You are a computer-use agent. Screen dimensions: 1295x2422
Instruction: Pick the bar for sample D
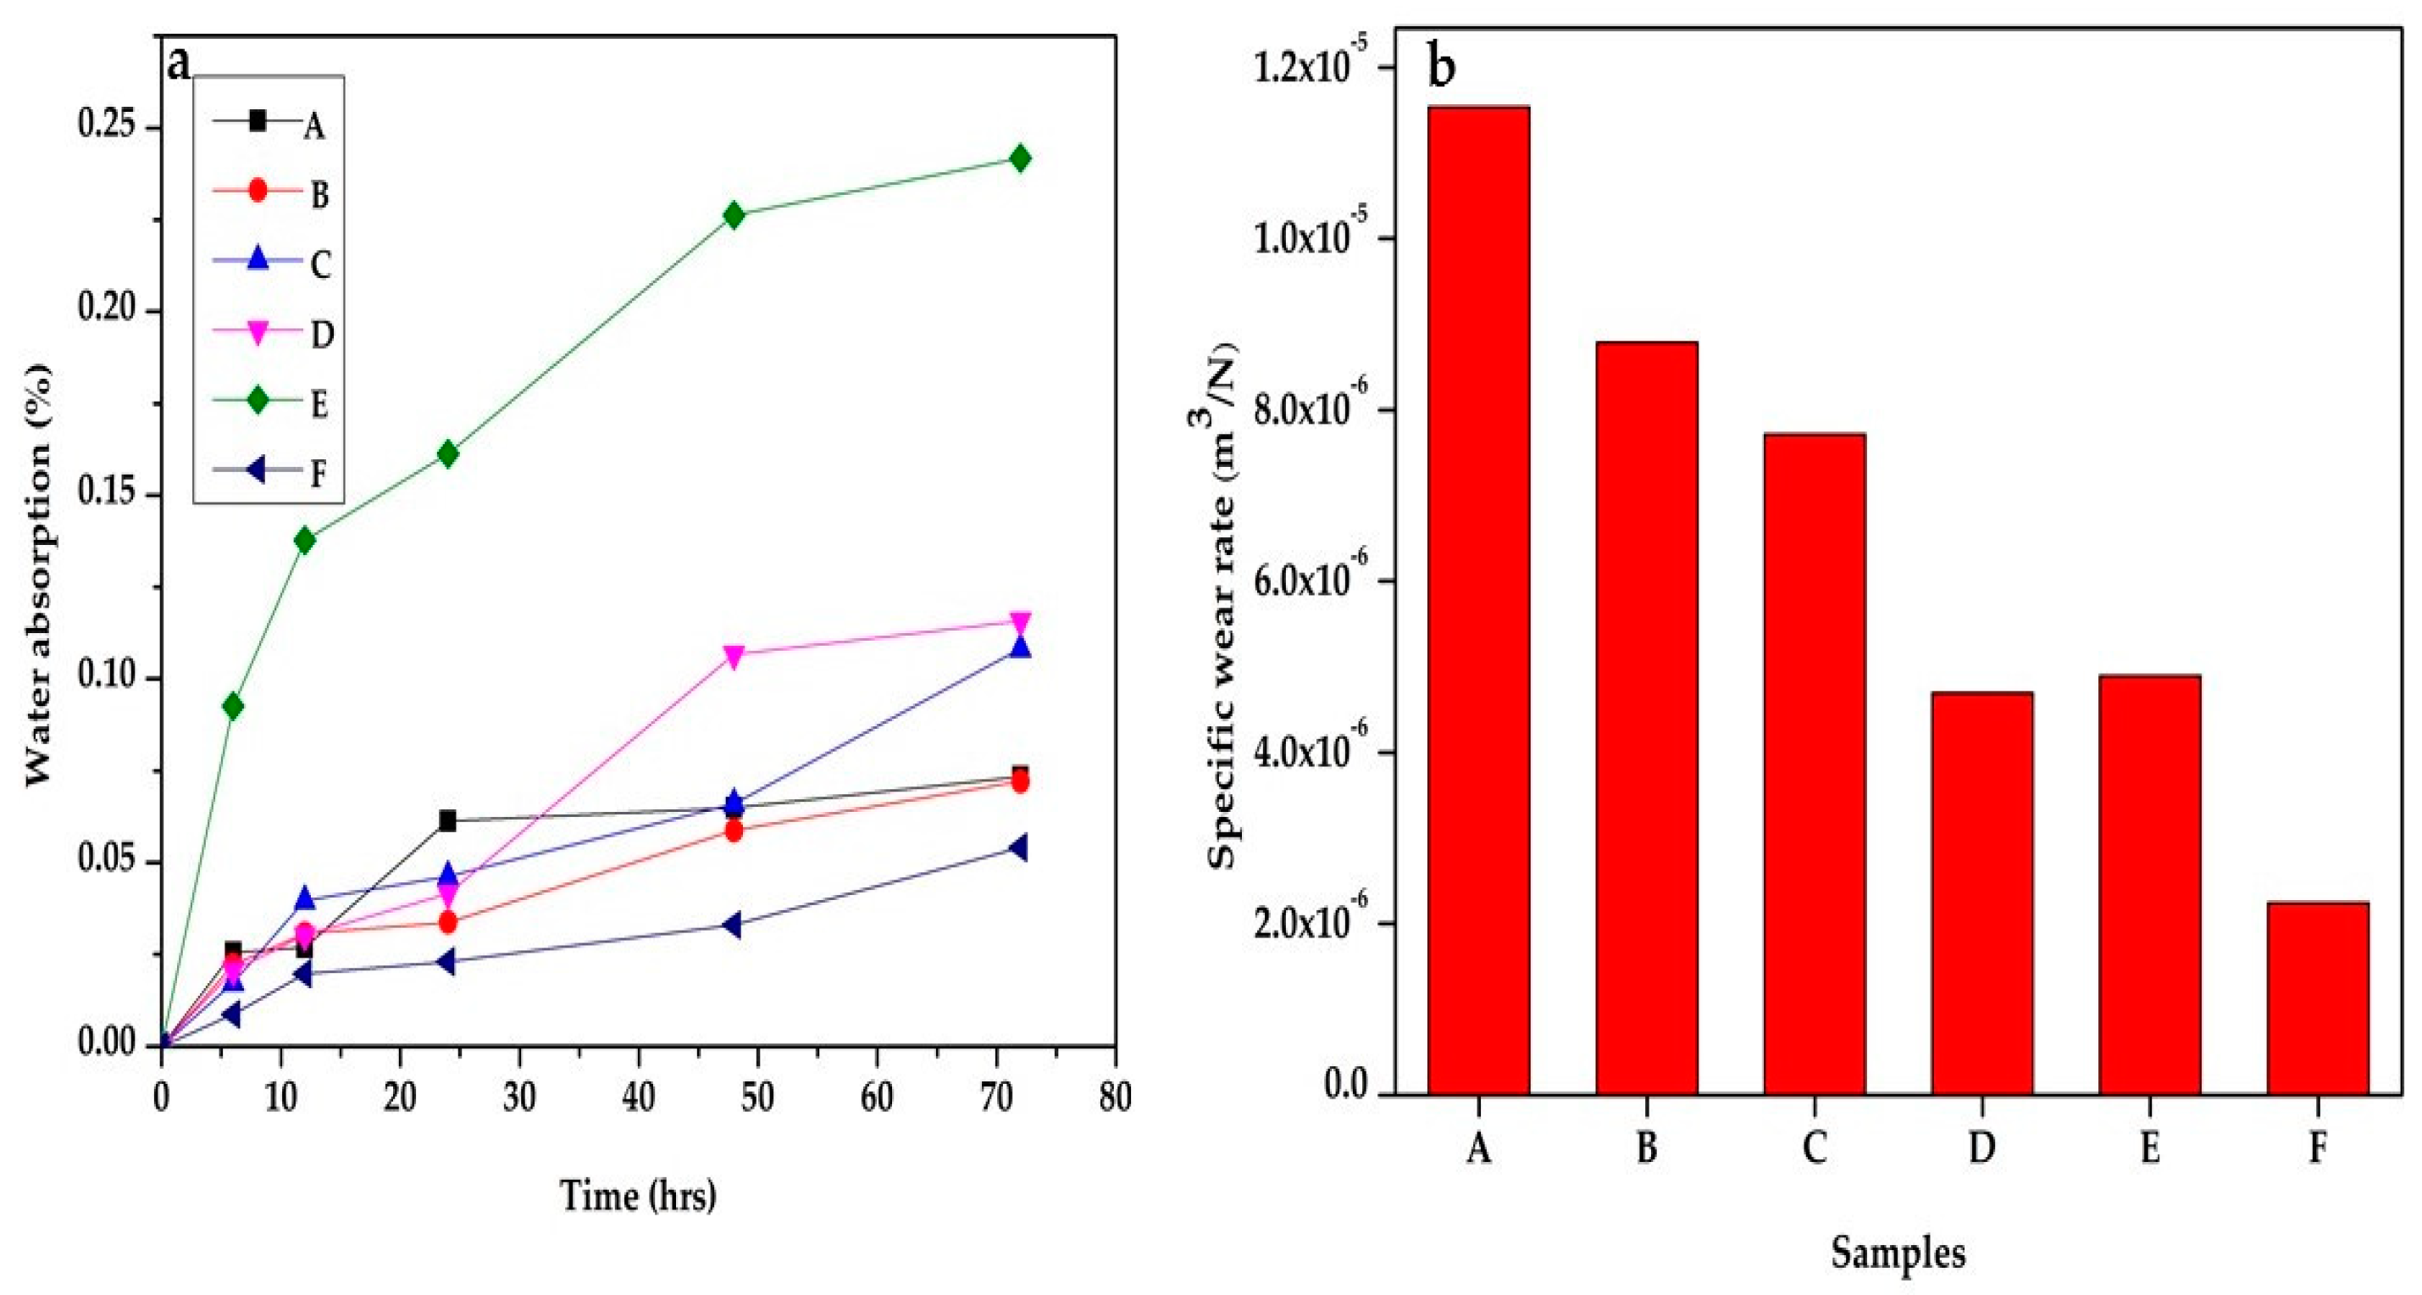point(1982,892)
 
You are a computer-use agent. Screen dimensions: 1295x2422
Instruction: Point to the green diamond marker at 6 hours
point(233,706)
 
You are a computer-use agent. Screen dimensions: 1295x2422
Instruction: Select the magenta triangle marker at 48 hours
point(734,654)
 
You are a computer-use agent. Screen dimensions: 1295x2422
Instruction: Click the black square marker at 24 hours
point(447,821)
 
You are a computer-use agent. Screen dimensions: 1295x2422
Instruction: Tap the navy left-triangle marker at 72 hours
point(1017,848)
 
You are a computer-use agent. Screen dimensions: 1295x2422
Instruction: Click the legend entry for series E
point(273,403)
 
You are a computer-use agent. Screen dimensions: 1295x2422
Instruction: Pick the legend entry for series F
point(273,473)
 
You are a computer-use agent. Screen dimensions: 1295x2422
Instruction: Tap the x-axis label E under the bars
point(2149,1148)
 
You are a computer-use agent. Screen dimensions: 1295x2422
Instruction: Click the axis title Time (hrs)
point(639,1195)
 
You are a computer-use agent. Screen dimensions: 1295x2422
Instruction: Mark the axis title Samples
point(1898,1253)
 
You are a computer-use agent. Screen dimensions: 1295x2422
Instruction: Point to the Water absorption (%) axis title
point(40,574)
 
